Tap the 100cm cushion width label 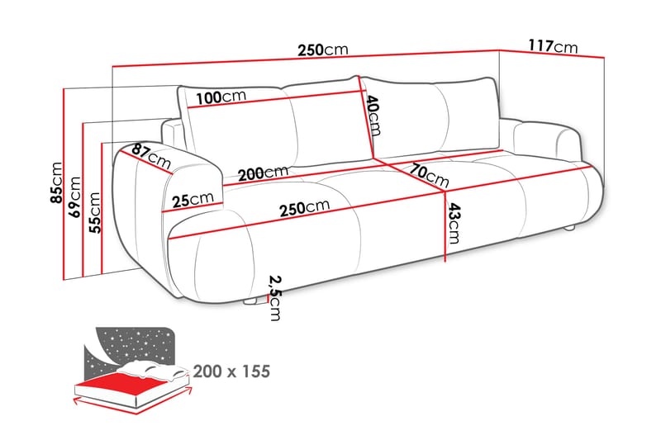click(221, 97)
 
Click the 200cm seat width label click(263, 173)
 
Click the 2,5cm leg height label click(273, 297)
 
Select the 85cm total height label click(56, 181)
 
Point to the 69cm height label click(76, 196)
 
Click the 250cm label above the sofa click(322, 50)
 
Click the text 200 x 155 click(232, 371)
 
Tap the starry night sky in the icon click(132, 343)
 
